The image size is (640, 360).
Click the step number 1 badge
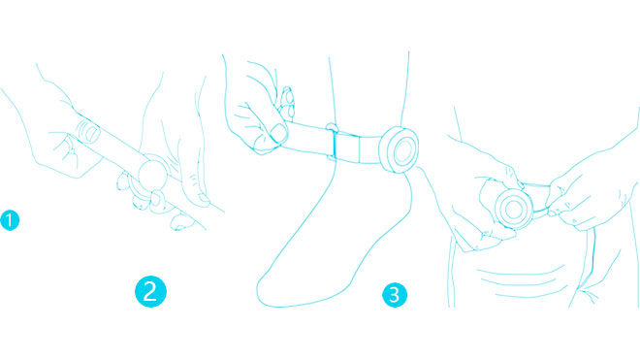10,220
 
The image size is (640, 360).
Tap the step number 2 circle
150,292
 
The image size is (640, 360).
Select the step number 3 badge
395,295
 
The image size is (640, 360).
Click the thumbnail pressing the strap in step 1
90,133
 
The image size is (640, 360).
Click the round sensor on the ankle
399,150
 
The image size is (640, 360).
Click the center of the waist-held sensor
514,210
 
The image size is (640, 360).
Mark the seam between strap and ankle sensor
381,150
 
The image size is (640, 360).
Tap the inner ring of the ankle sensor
403,150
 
